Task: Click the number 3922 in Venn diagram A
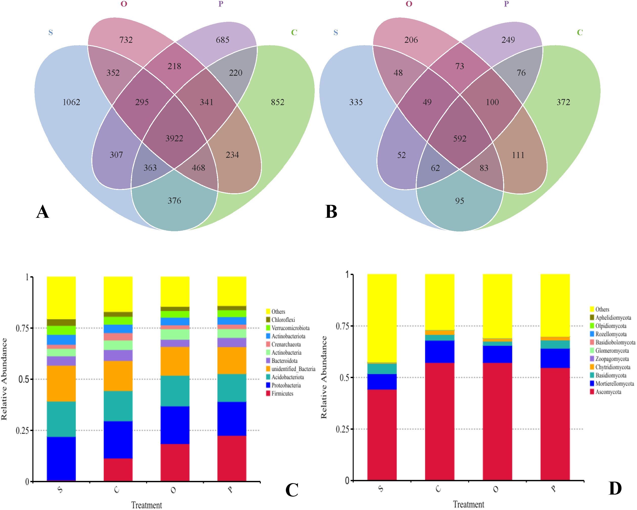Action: [x=174, y=138]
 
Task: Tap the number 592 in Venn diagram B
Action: [x=460, y=139]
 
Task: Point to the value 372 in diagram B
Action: [x=563, y=102]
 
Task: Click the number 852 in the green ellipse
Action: [x=278, y=102]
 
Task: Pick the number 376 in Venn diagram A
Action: [x=174, y=201]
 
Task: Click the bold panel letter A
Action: [x=42, y=212]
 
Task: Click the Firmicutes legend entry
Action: [x=282, y=394]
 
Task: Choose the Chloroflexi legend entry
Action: [x=283, y=320]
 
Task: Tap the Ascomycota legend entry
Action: [x=608, y=392]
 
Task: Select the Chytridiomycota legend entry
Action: [x=612, y=367]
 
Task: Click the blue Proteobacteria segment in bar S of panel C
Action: [x=61, y=459]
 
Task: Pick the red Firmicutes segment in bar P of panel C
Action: [x=232, y=458]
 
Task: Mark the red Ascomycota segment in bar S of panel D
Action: [x=382, y=435]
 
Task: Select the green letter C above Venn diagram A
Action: [x=294, y=32]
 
